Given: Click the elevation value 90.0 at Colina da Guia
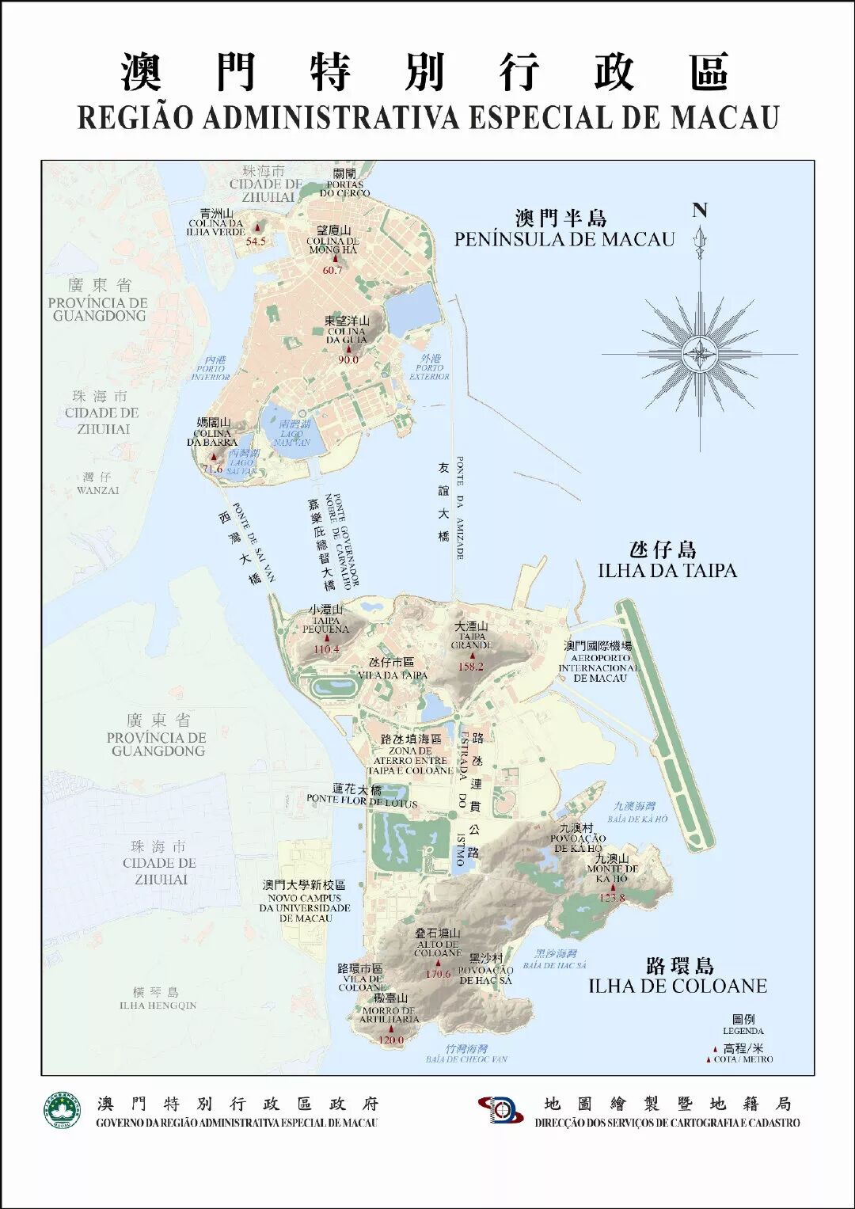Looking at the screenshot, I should coord(348,359).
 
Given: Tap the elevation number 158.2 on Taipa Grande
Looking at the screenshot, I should coord(470,667).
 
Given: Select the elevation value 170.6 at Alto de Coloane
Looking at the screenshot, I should coord(438,974).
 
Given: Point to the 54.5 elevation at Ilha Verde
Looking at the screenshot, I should coord(256,241).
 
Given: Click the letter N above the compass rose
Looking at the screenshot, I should coord(700,211).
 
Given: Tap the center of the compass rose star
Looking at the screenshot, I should coord(700,354).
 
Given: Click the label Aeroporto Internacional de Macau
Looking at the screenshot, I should coord(598,663).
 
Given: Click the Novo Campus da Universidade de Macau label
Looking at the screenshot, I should coord(305,902).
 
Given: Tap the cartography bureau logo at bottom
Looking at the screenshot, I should coord(501,1110).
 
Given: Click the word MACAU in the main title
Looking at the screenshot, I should coord(724,117).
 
